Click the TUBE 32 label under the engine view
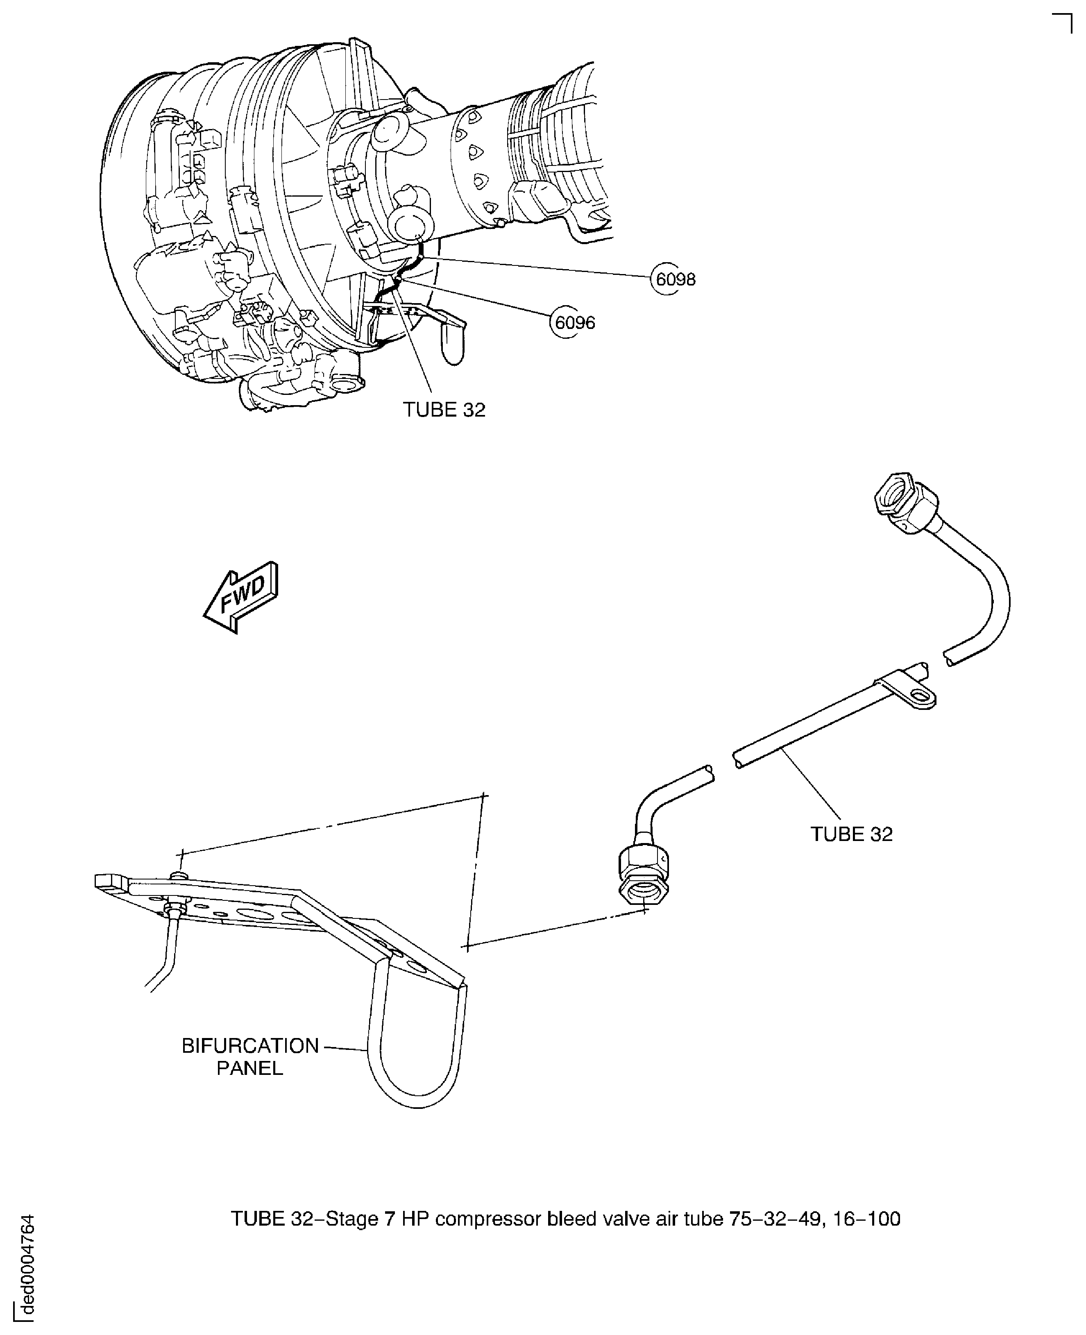pos(444,410)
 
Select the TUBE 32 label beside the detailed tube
pos(851,834)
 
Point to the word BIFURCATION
pos(250,1046)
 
